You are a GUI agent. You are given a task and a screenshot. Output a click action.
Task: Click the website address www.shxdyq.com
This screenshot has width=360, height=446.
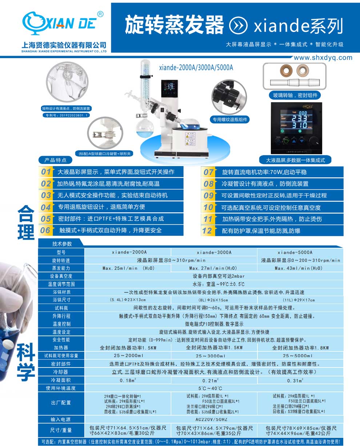click(x=323, y=57)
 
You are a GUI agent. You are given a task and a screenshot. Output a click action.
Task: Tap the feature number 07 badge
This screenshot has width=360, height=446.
click(x=209, y=172)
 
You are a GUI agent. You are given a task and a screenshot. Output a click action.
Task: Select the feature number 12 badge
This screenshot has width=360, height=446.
click(x=207, y=230)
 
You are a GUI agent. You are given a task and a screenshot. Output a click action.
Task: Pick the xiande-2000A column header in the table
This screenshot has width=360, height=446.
click(x=128, y=252)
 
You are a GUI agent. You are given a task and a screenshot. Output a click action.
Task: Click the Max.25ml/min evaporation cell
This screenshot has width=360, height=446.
click(x=125, y=268)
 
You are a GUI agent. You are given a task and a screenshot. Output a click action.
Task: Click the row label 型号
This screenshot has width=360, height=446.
click(x=61, y=252)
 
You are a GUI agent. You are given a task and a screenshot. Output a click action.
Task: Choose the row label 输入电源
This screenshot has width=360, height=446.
click(x=61, y=419)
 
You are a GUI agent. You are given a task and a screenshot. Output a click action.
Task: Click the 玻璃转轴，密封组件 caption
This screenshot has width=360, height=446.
click(x=295, y=95)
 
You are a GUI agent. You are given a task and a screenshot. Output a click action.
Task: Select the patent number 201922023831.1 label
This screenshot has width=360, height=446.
click(x=66, y=115)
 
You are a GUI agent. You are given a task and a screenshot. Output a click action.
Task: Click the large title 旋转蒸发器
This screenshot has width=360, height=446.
click(x=174, y=25)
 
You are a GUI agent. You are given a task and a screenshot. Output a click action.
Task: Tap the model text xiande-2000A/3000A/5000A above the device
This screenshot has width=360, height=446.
click(x=196, y=68)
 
